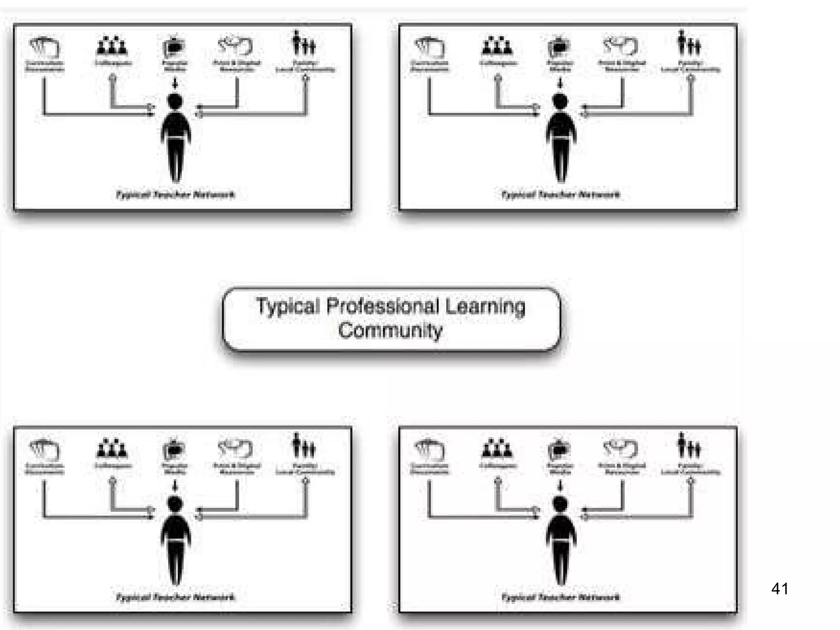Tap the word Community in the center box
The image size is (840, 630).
(x=390, y=331)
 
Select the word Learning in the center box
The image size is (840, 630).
(x=485, y=306)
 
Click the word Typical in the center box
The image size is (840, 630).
(x=288, y=306)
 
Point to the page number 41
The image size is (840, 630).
(x=779, y=589)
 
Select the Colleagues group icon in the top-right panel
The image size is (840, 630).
(x=497, y=46)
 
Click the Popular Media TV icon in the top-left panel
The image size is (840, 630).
(x=174, y=47)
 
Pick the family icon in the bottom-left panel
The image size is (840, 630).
(x=304, y=446)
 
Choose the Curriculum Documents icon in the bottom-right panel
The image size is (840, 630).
(x=429, y=450)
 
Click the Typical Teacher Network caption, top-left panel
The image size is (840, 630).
(x=176, y=194)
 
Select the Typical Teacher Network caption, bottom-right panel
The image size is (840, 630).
(x=561, y=597)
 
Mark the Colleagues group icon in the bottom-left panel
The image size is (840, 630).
(x=112, y=448)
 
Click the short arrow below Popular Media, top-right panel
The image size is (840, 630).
(x=560, y=83)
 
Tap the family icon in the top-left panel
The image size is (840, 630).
(x=304, y=43)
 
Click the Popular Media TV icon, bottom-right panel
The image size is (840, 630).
(x=559, y=450)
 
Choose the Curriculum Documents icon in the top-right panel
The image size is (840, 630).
(x=429, y=47)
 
